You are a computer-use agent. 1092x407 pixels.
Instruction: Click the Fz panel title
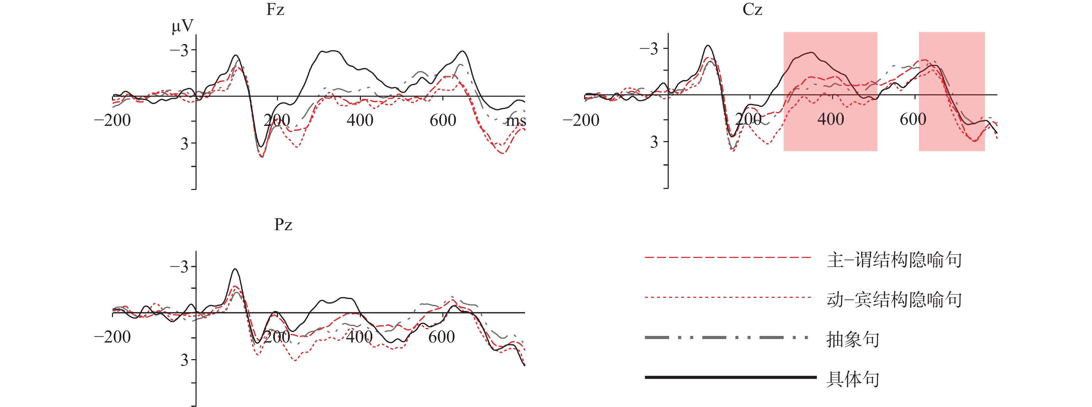(x=275, y=9)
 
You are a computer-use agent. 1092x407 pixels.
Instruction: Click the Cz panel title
(x=752, y=9)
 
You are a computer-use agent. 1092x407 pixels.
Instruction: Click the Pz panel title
(x=283, y=224)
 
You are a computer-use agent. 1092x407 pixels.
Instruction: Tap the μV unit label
(x=182, y=26)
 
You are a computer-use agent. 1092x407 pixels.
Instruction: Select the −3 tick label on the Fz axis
(x=179, y=51)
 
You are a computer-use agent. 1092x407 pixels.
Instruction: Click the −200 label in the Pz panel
(x=112, y=337)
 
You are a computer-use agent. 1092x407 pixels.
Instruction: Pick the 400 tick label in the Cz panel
(x=831, y=120)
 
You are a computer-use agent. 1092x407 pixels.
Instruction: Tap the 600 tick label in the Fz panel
(x=443, y=120)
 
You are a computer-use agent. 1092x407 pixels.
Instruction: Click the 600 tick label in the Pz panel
(x=441, y=337)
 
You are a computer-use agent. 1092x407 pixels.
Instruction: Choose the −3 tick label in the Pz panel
(x=179, y=267)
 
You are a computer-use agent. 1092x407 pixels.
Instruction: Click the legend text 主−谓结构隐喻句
(x=894, y=259)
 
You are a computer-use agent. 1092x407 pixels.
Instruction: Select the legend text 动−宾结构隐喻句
(x=894, y=299)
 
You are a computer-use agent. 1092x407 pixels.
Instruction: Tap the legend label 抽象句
(x=852, y=339)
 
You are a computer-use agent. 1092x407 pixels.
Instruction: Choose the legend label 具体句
(x=852, y=379)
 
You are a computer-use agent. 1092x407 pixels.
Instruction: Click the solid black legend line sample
(x=730, y=377)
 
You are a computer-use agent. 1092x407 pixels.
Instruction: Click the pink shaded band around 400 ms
(x=830, y=127)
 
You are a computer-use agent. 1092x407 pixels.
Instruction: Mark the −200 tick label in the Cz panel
(x=581, y=120)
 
